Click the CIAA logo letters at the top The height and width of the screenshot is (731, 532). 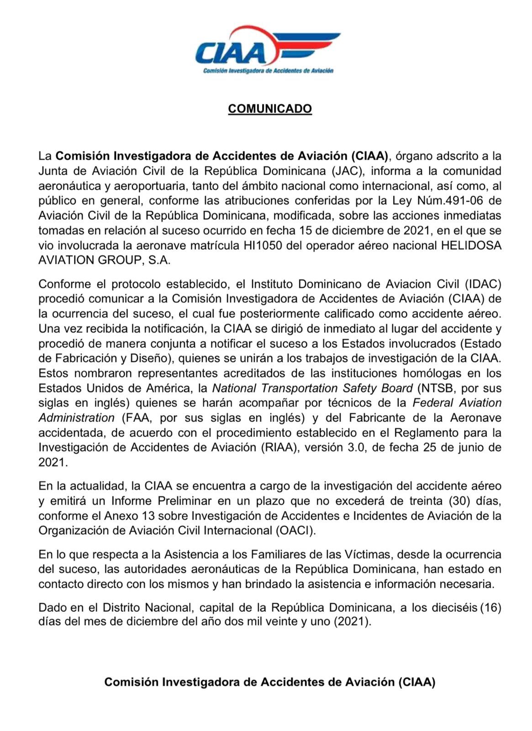tap(231, 53)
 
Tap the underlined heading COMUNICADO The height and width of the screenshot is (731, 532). tap(270, 109)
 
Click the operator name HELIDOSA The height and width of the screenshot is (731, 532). tap(471, 245)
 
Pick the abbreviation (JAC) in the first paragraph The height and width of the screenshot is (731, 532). tap(348, 171)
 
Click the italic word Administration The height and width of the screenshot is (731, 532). tap(76, 418)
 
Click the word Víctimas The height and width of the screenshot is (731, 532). tap(369, 554)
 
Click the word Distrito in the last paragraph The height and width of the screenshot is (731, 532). tap(121, 608)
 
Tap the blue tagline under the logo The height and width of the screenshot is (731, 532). tap(268, 71)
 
